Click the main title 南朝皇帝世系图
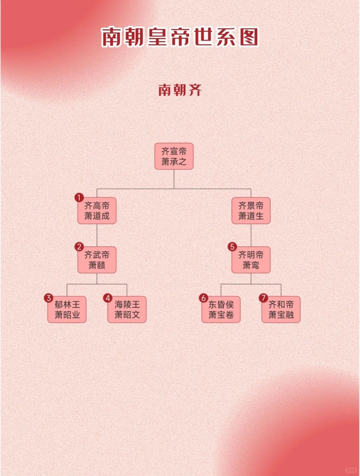(x=180, y=36)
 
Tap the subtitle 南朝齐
(x=180, y=90)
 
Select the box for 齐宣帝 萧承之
(x=174, y=156)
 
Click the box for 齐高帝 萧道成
(x=97, y=211)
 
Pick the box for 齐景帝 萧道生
(x=251, y=211)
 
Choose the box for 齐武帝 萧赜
(x=97, y=260)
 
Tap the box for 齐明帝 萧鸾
(x=251, y=260)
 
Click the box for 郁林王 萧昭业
(x=67, y=309)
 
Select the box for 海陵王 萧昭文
(x=127, y=309)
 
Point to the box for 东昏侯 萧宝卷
(x=221, y=309)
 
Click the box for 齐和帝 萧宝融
(x=281, y=309)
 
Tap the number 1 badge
(x=79, y=198)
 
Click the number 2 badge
(x=79, y=247)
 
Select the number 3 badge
(x=49, y=298)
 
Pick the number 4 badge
(x=108, y=298)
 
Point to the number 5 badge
(x=232, y=247)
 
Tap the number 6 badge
(x=203, y=298)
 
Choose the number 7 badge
(x=263, y=298)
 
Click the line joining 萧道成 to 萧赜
(x=97, y=235)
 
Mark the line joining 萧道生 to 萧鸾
(x=251, y=235)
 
